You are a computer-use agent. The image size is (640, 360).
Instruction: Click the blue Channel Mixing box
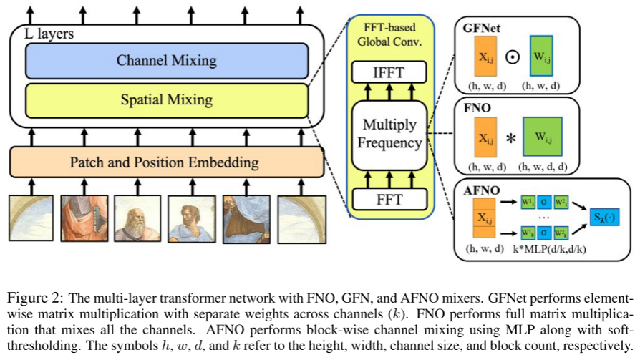[x=166, y=61]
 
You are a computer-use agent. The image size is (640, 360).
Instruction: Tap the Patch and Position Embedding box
[x=166, y=162]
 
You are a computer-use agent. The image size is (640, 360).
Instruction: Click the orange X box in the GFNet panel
[x=485, y=58]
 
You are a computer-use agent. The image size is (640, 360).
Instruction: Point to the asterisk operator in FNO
[x=510, y=139]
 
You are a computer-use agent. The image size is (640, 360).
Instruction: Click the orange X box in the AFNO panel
[x=485, y=218]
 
